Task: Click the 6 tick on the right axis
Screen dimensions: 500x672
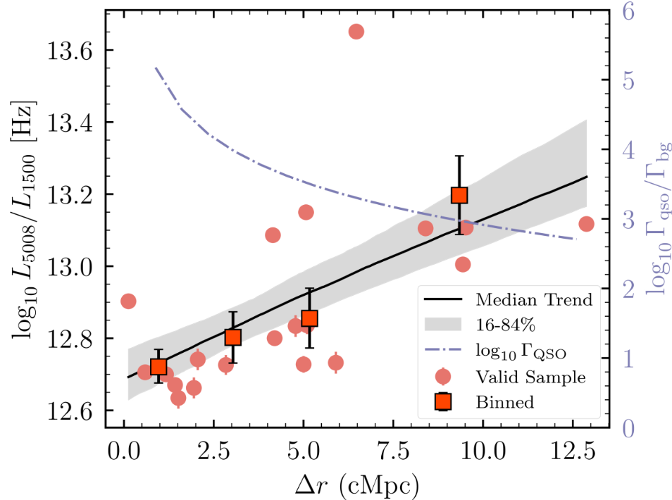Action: coord(628,11)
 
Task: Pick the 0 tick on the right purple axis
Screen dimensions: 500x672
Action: coord(628,427)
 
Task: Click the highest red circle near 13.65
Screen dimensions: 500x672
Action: coord(356,32)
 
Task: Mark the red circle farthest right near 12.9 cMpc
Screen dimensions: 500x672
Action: coord(586,224)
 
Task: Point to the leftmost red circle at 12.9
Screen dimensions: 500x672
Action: coord(128,301)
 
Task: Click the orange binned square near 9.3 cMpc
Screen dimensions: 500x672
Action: coord(459,195)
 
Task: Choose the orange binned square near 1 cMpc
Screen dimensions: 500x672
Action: coord(158,367)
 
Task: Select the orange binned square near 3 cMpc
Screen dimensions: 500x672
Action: coord(233,337)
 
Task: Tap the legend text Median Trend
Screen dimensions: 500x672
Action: coord(533,299)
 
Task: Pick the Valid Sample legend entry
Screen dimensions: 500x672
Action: coord(530,376)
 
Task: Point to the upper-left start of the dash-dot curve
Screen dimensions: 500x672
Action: coord(155,68)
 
